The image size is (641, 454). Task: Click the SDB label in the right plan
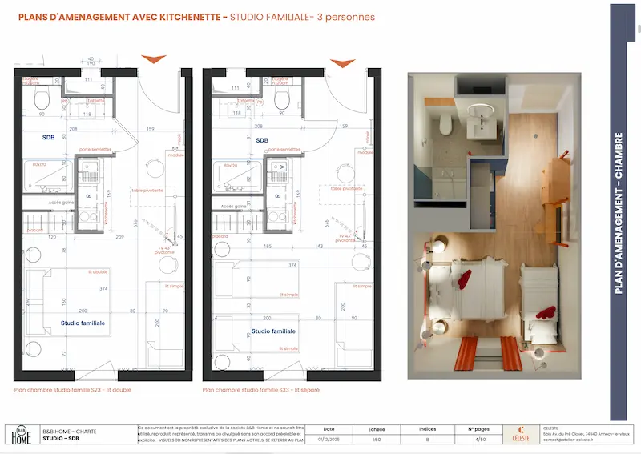[x=262, y=139]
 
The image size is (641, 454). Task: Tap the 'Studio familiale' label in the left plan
[x=83, y=323]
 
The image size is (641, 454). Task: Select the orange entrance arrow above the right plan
[x=342, y=62]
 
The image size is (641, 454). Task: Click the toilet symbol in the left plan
[x=42, y=98]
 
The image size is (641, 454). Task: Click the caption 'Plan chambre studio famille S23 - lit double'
[x=74, y=390]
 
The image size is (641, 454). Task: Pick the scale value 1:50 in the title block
[x=376, y=439]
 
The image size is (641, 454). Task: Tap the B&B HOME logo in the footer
[x=19, y=434]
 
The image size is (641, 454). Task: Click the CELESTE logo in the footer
[x=521, y=434]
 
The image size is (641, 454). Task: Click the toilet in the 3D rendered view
[x=446, y=122]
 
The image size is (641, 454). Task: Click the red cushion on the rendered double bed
[x=462, y=279]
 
